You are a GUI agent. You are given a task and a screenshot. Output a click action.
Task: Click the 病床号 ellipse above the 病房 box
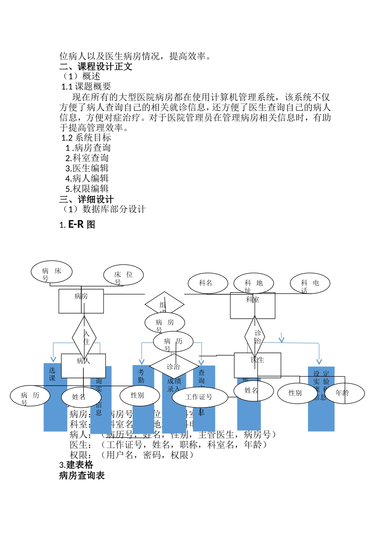pos(52,272)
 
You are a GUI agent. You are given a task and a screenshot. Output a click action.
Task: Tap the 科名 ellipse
pos(208,283)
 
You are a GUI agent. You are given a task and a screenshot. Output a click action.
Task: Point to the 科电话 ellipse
pos(310,283)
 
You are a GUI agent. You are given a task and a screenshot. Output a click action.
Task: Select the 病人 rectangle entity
pos(83,366)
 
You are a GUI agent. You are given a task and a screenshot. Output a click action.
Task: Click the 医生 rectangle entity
pos(257,365)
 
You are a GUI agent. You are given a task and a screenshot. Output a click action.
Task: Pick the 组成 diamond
pos(164,304)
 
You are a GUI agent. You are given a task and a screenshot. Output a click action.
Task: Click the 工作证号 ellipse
pos(200,397)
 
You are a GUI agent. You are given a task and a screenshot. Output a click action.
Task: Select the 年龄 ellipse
pos(345,393)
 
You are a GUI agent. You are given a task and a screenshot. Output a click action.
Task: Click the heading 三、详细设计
pos(87,200)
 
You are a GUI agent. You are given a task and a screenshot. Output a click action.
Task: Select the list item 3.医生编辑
pos(87,168)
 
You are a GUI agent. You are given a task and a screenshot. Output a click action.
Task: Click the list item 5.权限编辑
pos(87,189)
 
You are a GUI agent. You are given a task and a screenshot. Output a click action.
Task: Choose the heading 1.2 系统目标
pos(86,138)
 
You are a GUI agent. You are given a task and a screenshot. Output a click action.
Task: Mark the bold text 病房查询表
pos(82,476)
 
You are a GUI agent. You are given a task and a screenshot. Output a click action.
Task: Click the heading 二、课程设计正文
pos(96,67)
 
